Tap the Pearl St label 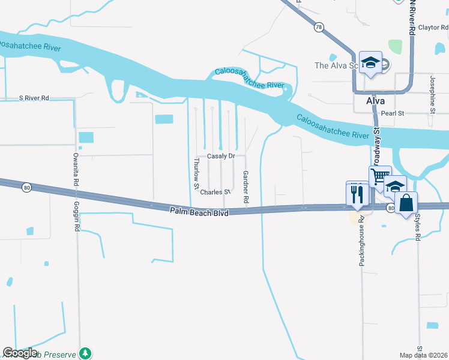click(x=393, y=113)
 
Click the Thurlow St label click(x=196, y=175)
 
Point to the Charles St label click(x=215, y=192)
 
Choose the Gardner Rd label click(x=246, y=185)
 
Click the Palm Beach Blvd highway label click(x=199, y=211)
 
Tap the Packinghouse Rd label click(x=362, y=241)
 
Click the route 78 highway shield click(x=318, y=27)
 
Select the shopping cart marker click(x=379, y=177)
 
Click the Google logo click(x=20, y=353)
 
